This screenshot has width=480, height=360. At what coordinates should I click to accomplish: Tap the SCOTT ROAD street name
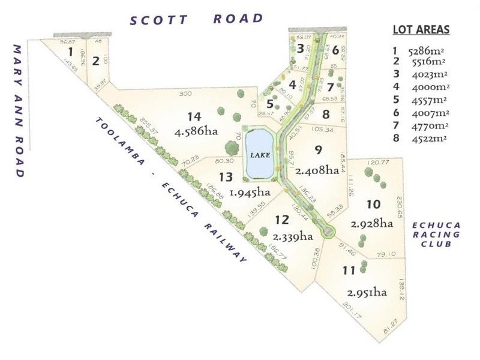point(197,19)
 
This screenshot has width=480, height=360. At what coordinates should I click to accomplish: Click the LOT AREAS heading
point(421,30)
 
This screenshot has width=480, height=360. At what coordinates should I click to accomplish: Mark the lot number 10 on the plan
point(374,204)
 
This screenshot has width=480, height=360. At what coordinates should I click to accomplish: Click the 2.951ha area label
point(366,292)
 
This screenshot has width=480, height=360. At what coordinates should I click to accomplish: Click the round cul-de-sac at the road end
point(328,232)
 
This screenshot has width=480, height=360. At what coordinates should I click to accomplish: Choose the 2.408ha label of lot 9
point(318,170)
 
